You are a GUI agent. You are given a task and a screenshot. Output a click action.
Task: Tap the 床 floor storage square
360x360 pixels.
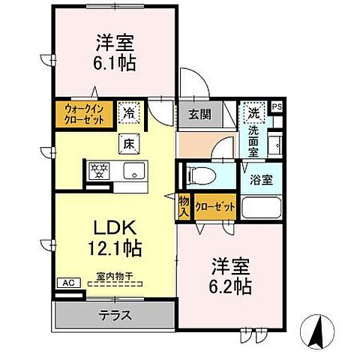[x=128, y=142]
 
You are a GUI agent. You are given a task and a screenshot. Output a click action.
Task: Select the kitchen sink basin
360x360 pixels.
[x=136, y=169]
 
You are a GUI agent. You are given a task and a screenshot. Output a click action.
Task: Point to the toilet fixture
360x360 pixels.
[x=202, y=175]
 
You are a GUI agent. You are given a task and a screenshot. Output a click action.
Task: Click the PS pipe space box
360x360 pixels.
[x=276, y=106]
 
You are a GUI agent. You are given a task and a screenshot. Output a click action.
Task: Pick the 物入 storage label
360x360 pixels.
[x=184, y=205]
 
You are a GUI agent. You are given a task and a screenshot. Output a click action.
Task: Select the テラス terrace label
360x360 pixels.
[x=115, y=315]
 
